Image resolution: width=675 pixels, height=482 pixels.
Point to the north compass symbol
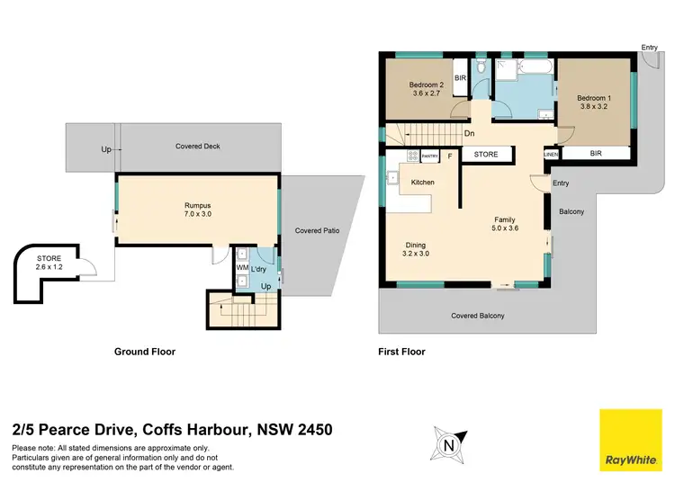(447, 442)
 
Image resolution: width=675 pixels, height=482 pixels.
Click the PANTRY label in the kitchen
(429, 156)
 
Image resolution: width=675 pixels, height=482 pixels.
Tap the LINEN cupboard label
(552, 155)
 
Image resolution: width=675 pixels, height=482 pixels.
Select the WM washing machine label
(241, 267)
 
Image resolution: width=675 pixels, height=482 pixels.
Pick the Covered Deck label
(198, 147)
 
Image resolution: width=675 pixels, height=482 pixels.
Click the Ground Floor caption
(144, 352)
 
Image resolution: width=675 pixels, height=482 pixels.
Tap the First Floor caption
(402, 352)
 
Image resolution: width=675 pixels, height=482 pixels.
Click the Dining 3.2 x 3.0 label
(415, 250)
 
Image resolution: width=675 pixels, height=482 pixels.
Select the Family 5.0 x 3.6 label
(504, 224)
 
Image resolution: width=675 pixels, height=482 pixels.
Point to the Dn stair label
(470, 136)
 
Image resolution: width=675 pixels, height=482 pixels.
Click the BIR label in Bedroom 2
(460, 78)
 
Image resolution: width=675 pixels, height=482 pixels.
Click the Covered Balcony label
(477, 316)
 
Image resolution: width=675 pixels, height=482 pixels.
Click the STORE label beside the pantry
(486, 155)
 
